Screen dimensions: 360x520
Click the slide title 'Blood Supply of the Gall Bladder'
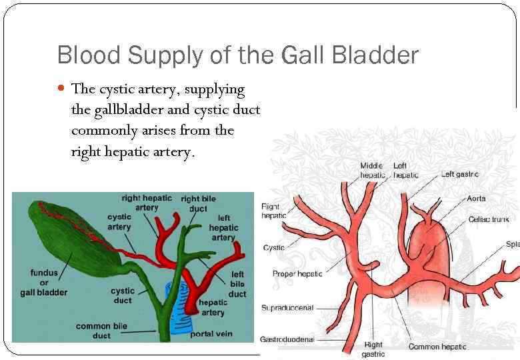[237, 55]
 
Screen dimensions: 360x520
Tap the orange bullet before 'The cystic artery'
[61, 89]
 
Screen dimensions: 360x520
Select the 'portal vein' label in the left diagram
[212, 333]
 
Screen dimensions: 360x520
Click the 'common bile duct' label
[102, 331]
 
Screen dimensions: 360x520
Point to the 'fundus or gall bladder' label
[49, 283]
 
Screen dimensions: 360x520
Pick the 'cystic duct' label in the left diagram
[123, 295]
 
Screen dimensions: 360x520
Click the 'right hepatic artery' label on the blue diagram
[147, 203]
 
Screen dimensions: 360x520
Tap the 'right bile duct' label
[199, 203]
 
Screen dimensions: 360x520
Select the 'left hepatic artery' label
[223, 227]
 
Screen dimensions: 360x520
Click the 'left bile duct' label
[238, 284]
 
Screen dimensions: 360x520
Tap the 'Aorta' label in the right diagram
[477, 199]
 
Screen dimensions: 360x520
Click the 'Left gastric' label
[459, 175]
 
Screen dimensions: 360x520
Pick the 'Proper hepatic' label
[297, 273]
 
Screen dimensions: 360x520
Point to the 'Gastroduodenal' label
[287, 339]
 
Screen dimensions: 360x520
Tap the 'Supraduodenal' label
[287, 308]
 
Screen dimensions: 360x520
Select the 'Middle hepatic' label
[372, 170]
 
